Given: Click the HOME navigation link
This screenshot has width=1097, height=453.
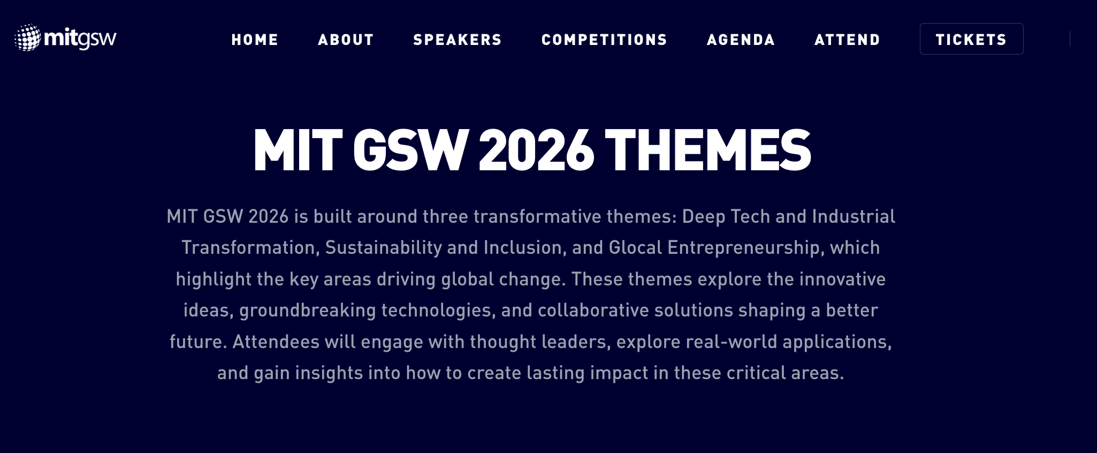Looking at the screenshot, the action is (x=255, y=40).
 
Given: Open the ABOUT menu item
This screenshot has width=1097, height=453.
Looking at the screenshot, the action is (x=346, y=40).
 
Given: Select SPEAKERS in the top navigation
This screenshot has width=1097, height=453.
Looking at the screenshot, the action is (x=458, y=40).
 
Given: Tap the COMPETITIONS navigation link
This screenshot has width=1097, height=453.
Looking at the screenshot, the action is (x=604, y=40).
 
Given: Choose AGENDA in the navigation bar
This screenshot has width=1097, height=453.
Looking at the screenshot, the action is (x=741, y=40).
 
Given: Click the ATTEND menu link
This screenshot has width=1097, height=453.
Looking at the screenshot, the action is (x=847, y=40).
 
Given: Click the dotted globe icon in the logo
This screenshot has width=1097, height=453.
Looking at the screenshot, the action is (x=28, y=37).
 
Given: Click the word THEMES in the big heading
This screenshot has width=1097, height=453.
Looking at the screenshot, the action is (x=708, y=150).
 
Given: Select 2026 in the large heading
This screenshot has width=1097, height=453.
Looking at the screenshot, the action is (x=536, y=150).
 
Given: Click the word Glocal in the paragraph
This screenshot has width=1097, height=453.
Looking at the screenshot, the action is (x=636, y=248).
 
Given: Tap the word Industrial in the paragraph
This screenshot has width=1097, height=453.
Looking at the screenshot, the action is (x=854, y=216).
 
